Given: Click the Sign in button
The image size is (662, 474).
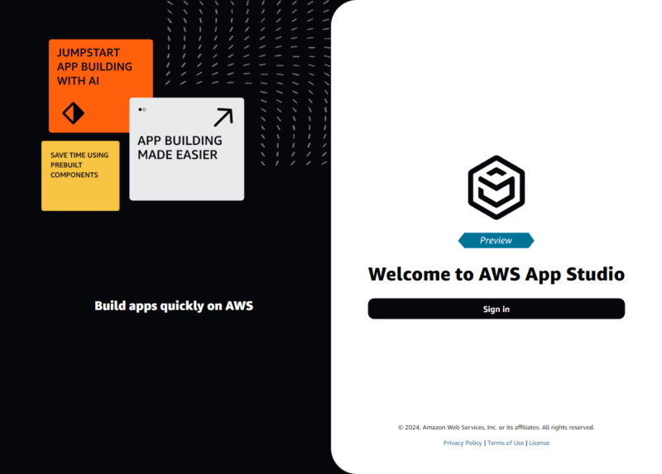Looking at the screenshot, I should click(x=496, y=309).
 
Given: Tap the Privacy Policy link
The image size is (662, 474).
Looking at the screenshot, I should click(x=463, y=443).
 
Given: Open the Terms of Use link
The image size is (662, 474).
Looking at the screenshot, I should click(x=506, y=443).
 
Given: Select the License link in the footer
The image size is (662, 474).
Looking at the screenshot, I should click(x=539, y=443).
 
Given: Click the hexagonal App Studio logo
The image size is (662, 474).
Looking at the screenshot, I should click(x=496, y=188).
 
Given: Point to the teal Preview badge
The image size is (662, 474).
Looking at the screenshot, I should click(x=496, y=241).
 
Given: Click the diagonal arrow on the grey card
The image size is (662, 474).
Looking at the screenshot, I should click(x=223, y=117).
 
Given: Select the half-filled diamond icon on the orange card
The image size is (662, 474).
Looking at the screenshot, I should click(x=74, y=113).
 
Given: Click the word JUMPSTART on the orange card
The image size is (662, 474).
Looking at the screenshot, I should click(x=89, y=53).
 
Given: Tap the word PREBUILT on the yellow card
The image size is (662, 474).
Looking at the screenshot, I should click(x=66, y=165).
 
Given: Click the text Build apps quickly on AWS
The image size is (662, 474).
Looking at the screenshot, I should click(x=174, y=306).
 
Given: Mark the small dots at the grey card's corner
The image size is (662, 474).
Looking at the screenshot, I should click(x=142, y=109).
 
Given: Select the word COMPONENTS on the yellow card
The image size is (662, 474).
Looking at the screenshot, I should click(x=74, y=175).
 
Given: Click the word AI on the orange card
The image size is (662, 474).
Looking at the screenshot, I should click(x=117, y=81).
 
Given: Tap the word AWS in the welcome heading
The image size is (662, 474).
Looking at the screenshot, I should click(x=498, y=274).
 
